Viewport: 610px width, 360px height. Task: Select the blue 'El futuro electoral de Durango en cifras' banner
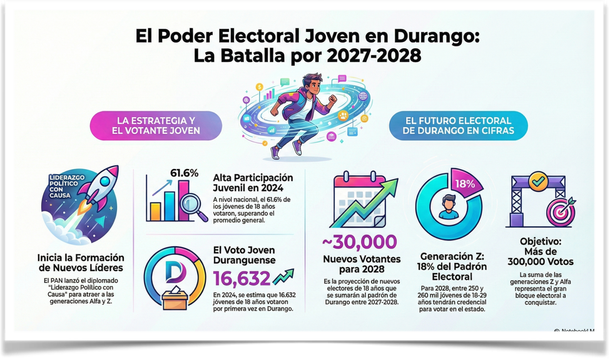[458, 125]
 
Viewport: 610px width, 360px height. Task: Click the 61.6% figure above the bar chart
[184, 173]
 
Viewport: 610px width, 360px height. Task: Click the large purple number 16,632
[242, 278]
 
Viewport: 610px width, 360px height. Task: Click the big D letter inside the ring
[174, 270]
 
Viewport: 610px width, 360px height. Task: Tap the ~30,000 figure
[359, 242]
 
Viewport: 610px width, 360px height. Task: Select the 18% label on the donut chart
[465, 184]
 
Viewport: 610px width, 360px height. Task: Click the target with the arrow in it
[560, 210]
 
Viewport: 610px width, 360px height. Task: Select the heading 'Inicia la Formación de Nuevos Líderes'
[81, 263]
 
